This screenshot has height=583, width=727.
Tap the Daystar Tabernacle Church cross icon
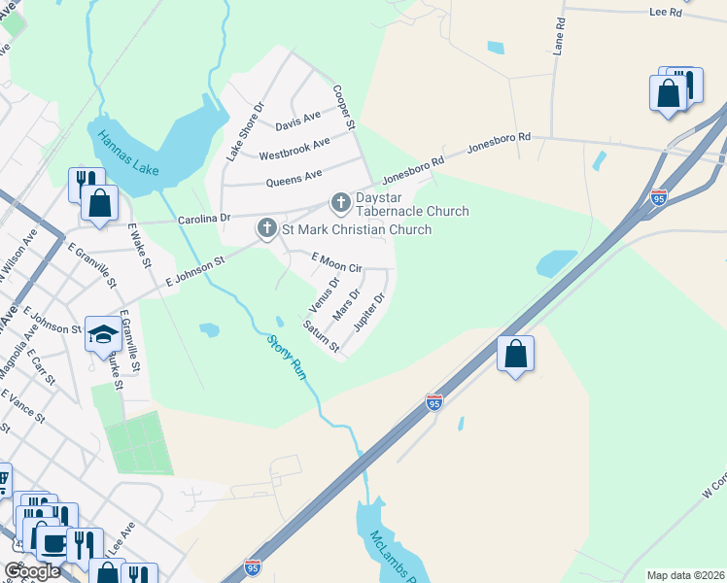click(x=340, y=202)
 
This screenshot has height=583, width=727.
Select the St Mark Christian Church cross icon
click(x=267, y=229)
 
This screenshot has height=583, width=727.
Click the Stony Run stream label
click(x=290, y=359)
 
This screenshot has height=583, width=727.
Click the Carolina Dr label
click(x=203, y=220)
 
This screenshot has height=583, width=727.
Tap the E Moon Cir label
click(x=336, y=261)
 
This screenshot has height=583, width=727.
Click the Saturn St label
click(x=321, y=336)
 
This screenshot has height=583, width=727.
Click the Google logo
click(x=32, y=571)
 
